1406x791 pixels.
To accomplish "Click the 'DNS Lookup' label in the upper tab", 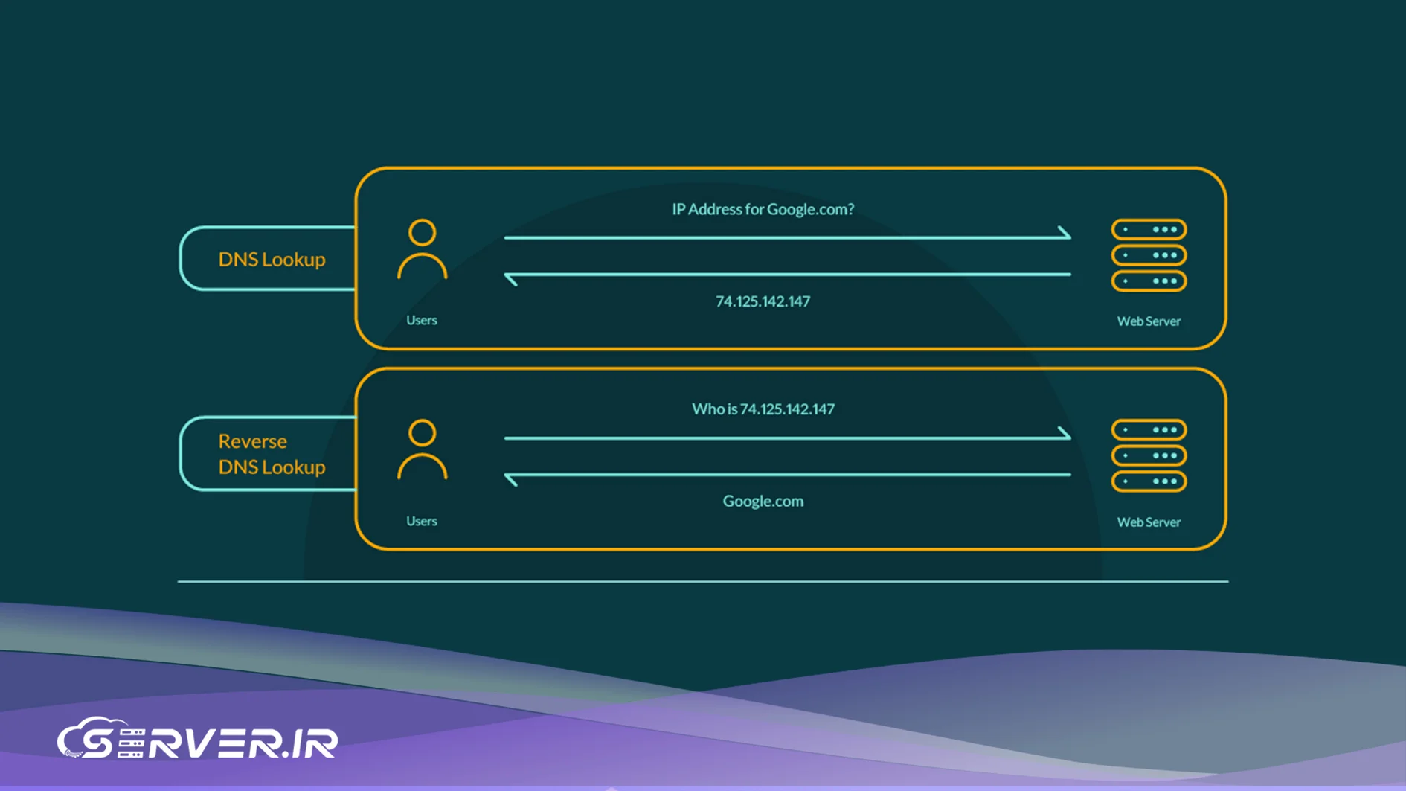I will pyautogui.click(x=272, y=259).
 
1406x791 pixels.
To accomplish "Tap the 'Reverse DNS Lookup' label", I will pyautogui.click(x=272, y=454).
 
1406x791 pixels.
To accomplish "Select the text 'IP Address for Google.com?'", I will pyautogui.click(x=763, y=209).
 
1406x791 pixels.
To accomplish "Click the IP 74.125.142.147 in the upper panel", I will pyautogui.click(x=763, y=301).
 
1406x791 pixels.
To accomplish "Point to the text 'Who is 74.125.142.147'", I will pyautogui.click(x=763, y=409).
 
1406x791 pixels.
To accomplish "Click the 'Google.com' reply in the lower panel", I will pyautogui.click(x=763, y=501).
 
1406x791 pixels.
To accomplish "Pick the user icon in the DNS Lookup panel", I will pyautogui.click(x=422, y=249).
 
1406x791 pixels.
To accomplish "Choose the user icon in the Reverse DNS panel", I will pyautogui.click(x=422, y=449).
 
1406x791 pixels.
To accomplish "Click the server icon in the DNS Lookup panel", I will pyautogui.click(x=1149, y=255).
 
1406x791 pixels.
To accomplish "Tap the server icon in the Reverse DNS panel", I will pyautogui.click(x=1149, y=455).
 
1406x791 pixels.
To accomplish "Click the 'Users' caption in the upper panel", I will pyautogui.click(x=421, y=320).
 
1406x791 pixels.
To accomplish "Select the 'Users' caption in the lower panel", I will pyautogui.click(x=421, y=521).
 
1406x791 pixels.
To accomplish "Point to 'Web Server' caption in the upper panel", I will pyautogui.click(x=1149, y=321).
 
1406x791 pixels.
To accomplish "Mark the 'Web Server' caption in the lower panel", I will pyautogui.click(x=1149, y=522).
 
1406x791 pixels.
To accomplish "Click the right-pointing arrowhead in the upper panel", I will pyautogui.click(x=1065, y=234).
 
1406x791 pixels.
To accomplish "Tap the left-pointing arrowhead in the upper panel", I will pyautogui.click(x=511, y=278).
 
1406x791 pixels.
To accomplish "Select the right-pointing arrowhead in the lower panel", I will pyautogui.click(x=1065, y=434).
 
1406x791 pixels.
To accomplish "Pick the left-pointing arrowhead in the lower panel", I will pyautogui.click(x=511, y=478).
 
